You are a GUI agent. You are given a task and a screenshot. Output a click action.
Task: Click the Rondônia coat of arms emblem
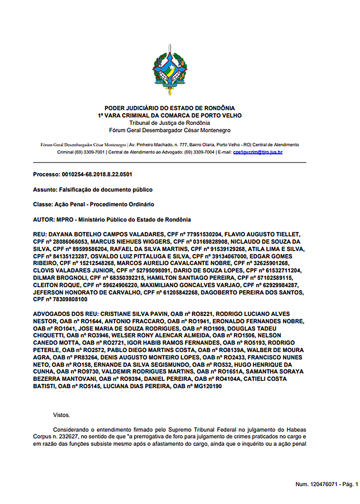pos(170,70)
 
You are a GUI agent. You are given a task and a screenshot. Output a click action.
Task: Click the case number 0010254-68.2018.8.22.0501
pos(97,175)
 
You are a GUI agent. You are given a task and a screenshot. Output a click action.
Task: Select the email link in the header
pos(258,152)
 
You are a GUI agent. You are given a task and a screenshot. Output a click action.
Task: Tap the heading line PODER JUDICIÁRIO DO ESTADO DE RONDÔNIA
pos(170,108)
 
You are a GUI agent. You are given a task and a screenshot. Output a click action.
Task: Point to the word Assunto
pos(45,190)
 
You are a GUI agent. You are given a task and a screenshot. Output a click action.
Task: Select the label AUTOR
pos(44,220)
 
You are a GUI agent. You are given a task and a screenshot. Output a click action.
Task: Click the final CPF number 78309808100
pos(70,300)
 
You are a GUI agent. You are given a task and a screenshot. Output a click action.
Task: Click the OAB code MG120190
pos(208,386)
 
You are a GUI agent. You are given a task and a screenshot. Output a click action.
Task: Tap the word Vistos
pos(62,415)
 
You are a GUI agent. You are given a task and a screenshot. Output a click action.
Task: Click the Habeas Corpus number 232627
pos(69,437)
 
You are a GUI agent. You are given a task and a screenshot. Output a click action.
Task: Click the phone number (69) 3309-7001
pos(90,152)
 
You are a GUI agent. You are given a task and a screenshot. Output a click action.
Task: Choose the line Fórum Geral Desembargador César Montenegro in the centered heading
pos(170,130)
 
